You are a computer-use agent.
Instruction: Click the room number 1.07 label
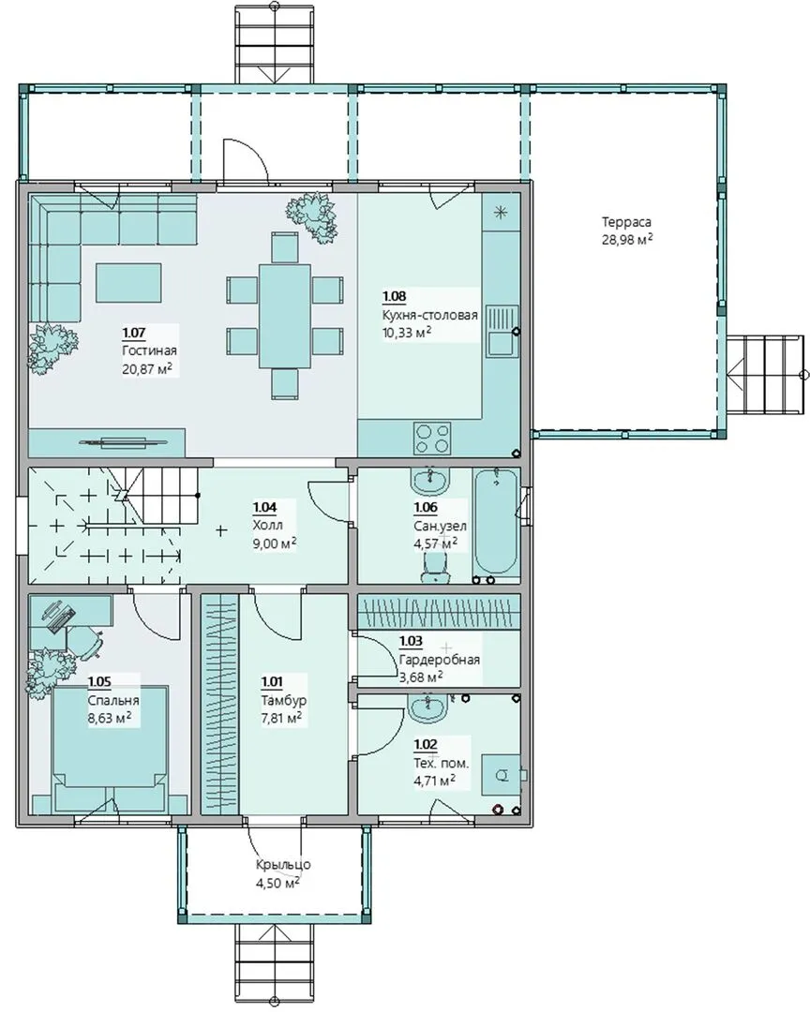134,333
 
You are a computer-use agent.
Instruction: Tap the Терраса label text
626,222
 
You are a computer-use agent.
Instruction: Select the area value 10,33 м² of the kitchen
407,333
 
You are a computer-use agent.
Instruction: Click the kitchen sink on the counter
502,331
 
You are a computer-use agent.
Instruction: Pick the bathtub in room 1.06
496,522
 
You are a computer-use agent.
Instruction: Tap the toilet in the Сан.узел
433,567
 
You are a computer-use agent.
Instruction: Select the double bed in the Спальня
111,750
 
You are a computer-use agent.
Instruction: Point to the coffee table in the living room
129,282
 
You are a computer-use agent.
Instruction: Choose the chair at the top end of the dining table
285,246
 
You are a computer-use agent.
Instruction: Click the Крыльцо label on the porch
283,865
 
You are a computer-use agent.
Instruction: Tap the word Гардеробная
440,660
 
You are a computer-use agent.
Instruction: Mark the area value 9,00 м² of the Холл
275,543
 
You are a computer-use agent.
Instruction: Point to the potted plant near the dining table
312,215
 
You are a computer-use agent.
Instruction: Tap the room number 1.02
426,745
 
